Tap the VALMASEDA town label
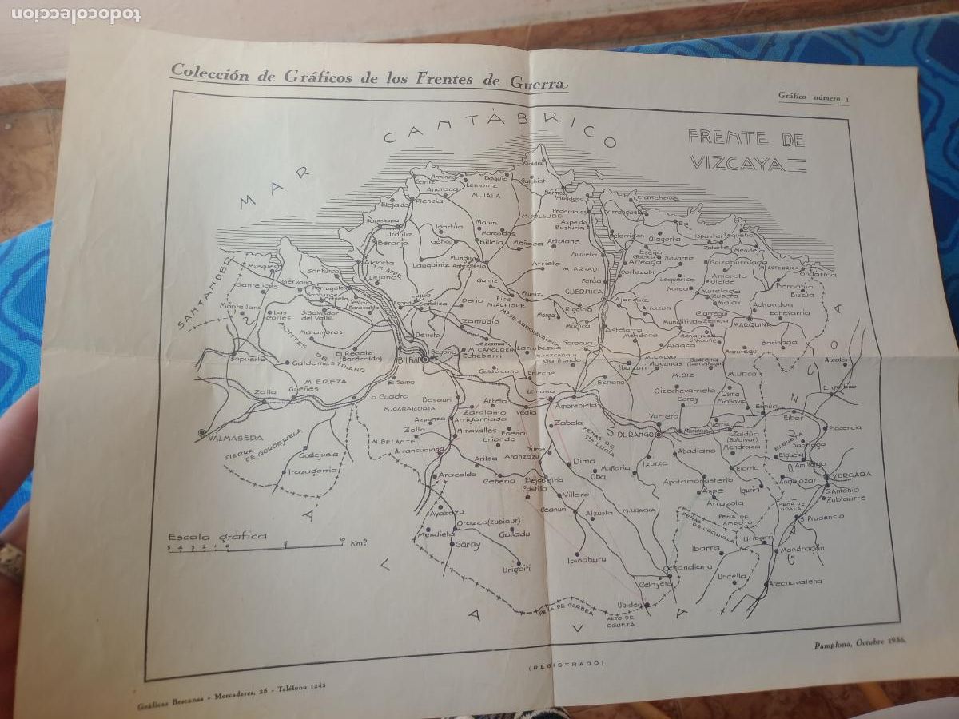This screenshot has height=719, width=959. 230,437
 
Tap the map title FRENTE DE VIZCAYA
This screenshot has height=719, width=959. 746,149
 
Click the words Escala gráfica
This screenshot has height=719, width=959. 217,536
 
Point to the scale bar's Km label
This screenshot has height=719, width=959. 357,543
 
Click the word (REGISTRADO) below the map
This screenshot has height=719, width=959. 567,664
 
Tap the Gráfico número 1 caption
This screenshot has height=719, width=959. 814,97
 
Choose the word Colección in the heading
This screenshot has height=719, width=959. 205,72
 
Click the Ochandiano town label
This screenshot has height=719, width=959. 691,566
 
